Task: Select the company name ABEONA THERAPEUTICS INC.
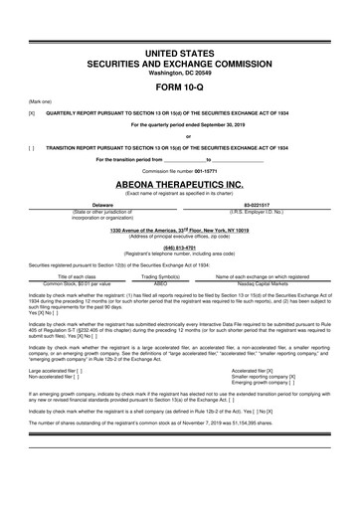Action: tap(180, 185)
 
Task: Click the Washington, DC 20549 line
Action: tap(180, 71)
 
